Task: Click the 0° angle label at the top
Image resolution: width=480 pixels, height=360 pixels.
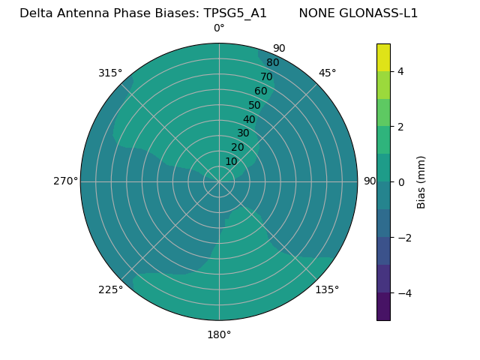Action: (x=219, y=28)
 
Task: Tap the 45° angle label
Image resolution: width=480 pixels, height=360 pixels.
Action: (x=327, y=73)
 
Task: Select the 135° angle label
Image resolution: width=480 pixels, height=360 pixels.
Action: (x=327, y=289)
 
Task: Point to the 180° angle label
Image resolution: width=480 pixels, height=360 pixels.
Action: (x=219, y=334)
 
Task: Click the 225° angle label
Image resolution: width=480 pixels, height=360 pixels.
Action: (x=110, y=289)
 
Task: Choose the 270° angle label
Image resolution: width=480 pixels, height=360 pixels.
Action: (x=65, y=181)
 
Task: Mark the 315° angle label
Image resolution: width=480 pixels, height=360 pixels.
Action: (x=110, y=73)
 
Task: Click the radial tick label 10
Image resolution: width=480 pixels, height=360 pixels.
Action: (x=231, y=161)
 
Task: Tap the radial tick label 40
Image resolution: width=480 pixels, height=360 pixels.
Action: (x=249, y=119)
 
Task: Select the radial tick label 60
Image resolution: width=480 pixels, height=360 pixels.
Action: (x=260, y=91)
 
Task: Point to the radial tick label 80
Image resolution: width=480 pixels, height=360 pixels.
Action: (x=272, y=63)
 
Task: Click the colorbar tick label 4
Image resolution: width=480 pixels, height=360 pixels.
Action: (x=400, y=71)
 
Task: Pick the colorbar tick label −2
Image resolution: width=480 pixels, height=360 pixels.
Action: (x=403, y=238)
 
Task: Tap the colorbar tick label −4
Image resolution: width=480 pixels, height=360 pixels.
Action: (x=403, y=293)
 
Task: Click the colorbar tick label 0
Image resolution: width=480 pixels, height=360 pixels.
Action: (x=400, y=182)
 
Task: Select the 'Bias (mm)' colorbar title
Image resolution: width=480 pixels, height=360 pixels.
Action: (x=421, y=182)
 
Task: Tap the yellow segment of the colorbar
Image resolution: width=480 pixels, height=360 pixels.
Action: (x=383, y=58)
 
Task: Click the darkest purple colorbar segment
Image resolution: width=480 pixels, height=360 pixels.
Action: (x=383, y=307)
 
